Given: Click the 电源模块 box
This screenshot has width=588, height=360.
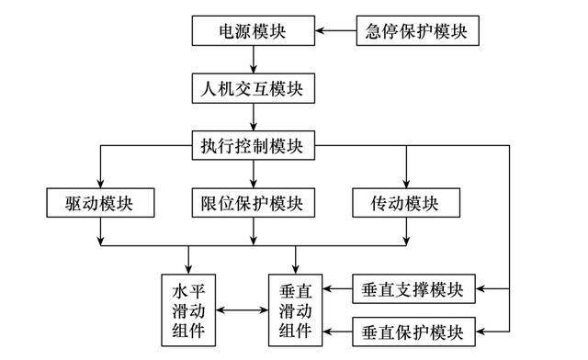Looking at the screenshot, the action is (x=254, y=30).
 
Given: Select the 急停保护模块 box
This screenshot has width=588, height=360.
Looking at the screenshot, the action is (x=417, y=30).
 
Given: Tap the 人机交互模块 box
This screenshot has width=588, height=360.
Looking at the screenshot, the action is (x=254, y=88).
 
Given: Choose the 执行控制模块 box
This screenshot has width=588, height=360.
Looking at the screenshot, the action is (x=254, y=145).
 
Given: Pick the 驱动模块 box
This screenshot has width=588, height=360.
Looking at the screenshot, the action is (x=100, y=203).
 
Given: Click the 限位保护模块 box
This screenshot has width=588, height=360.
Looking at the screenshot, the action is (x=254, y=203).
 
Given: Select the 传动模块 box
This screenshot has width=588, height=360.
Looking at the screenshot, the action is (x=406, y=203).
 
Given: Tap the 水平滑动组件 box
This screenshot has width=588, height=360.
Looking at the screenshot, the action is (x=188, y=310).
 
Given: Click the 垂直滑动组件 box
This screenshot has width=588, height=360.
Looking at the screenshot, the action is (x=296, y=310).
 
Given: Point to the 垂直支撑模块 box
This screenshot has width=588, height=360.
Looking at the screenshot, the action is (x=413, y=289).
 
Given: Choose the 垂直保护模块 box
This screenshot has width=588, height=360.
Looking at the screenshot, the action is (x=413, y=332).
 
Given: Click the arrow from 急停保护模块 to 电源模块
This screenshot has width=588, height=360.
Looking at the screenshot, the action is (x=335, y=30).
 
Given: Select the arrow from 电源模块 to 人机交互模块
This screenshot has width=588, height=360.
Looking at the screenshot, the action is (x=254, y=60).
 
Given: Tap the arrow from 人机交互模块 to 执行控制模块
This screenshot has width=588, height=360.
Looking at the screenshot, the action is (x=254, y=117).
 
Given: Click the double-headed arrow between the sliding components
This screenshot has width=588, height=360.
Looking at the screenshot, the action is (x=242, y=310).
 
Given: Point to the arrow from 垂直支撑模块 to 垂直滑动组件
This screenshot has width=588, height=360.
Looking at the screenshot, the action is (x=337, y=289).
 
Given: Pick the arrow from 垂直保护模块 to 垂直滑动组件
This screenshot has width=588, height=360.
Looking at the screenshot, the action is (x=337, y=332).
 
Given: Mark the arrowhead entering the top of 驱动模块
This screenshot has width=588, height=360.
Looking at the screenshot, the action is (x=100, y=184).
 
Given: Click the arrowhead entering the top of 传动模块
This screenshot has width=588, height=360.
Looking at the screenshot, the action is (x=406, y=184).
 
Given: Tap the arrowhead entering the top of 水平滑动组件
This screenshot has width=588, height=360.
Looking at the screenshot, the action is (x=188, y=269).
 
